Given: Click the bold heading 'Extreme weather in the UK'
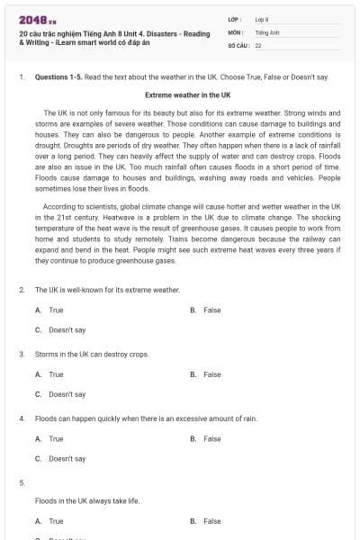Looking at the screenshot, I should tap(188, 94).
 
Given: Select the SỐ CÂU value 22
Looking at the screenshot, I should tap(258, 44).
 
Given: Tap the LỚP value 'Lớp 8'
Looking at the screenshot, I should tap(262, 19).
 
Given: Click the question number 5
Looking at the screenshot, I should tap(22, 483).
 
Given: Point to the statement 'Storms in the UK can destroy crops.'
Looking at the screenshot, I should tap(92, 355).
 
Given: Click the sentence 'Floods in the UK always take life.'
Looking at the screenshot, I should tap(89, 500).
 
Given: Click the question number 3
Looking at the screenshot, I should tap(22, 355).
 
